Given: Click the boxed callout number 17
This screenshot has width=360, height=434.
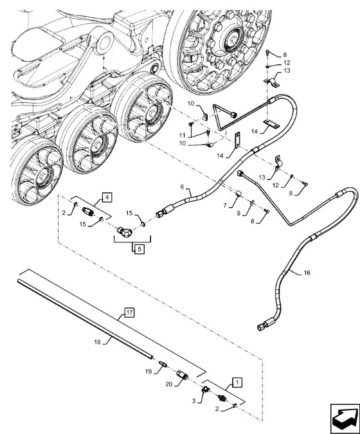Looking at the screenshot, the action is (x=129, y=312).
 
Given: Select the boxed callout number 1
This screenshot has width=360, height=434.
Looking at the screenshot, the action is (x=237, y=382).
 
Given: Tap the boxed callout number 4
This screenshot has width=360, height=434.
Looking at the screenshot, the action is (x=107, y=197).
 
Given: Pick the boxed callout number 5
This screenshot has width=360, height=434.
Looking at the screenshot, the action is (x=139, y=249).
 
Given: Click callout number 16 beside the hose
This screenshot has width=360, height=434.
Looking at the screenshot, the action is (x=307, y=273).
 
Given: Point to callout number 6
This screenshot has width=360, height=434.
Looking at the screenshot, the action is (x=182, y=187).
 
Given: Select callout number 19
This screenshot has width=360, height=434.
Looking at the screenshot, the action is (x=148, y=371).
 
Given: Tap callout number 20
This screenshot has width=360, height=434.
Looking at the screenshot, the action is (x=169, y=384).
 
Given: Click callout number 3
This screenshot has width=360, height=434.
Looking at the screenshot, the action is (x=194, y=401).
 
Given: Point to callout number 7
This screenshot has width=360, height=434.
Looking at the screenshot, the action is (x=225, y=205).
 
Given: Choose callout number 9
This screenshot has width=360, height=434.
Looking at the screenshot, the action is (x=239, y=213).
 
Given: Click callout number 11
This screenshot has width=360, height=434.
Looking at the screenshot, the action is (x=182, y=136).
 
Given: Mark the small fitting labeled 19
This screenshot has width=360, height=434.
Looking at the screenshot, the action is (x=163, y=364).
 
